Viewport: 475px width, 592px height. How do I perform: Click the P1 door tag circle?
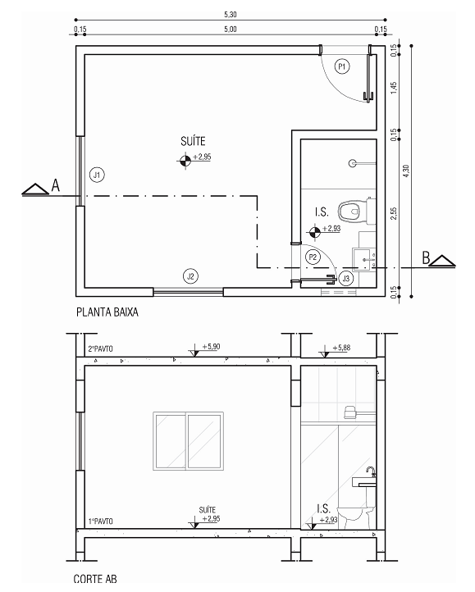(x=342, y=67)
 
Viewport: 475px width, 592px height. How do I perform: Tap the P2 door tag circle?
(x=313, y=257)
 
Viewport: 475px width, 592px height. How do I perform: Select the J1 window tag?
(x=97, y=175)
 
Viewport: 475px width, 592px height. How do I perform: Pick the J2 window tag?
(x=191, y=276)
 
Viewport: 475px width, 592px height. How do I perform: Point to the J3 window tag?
(x=345, y=279)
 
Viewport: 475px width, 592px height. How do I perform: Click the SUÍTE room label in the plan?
(x=193, y=141)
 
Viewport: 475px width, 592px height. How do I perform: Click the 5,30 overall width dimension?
(x=231, y=14)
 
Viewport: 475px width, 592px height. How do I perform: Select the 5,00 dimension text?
(x=231, y=29)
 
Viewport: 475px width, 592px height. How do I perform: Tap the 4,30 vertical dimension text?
(x=406, y=171)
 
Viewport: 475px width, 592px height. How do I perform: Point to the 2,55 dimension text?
(x=394, y=214)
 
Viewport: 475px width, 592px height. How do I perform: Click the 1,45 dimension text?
(x=394, y=88)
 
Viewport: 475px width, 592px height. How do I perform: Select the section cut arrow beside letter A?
(x=35, y=189)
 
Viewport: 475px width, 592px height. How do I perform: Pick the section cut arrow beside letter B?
(x=442, y=262)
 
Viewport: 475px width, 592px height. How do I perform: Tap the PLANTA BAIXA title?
(x=107, y=312)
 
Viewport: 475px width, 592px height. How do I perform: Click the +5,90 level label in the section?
(x=211, y=347)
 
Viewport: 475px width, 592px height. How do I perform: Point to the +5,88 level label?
(x=341, y=348)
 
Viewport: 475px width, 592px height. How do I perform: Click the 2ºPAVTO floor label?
(x=101, y=348)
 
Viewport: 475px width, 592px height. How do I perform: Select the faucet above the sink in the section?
(x=371, y=471)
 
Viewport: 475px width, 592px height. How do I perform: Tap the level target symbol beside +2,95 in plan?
(x=185, y=161)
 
